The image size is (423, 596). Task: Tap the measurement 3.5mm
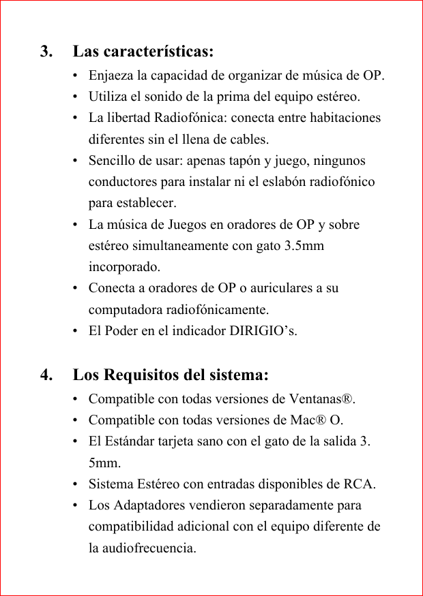click(x=304, y=245)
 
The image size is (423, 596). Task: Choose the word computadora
click(x=123, y=310)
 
